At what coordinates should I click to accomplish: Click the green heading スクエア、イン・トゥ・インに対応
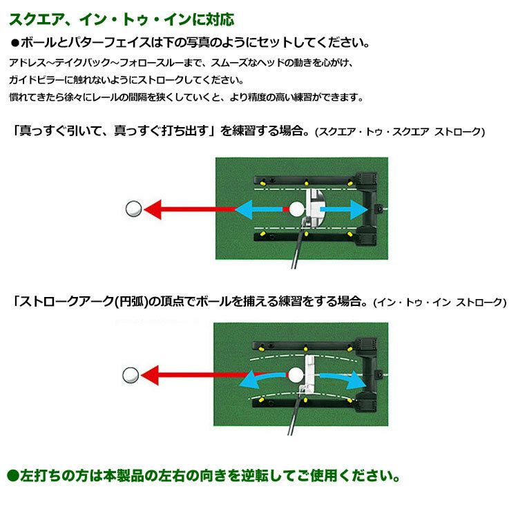tap(122, 20)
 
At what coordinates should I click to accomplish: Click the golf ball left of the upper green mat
tap(134, 209)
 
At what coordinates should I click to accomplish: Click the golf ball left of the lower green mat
tap(131, 375)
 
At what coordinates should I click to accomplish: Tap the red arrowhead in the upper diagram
tap(153, 209)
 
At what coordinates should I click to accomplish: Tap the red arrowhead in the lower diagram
tap(150, 375)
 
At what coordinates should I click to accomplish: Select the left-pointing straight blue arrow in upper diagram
tap(258, 209)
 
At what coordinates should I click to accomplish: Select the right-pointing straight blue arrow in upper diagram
tap(344, 209)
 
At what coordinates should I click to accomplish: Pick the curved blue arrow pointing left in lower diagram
tap(261, 379)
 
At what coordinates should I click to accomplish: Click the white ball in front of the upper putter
tap(296, 209)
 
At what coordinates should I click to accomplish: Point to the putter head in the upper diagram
tap(314, 207)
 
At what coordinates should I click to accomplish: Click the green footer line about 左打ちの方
tap(204, 476)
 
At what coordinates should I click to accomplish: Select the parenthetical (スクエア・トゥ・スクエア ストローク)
tap(400, 132)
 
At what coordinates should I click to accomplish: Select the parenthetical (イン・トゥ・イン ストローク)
tap(440, 302)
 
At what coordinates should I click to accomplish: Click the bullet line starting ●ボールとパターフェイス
tap(190, 43)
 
